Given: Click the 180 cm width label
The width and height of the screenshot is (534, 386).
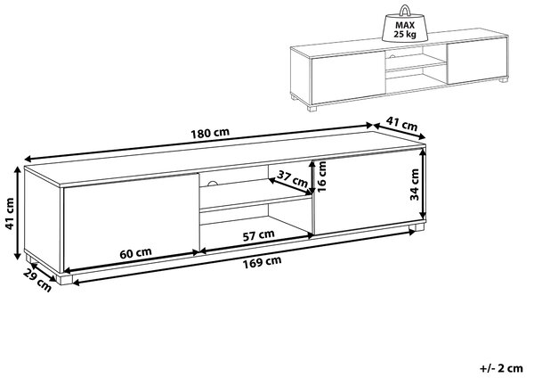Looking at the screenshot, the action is click(x=210, y=133).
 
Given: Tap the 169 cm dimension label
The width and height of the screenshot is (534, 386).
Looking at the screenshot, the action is click(x=262, y=262).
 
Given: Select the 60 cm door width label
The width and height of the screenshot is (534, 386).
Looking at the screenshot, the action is click(x=135, y=253).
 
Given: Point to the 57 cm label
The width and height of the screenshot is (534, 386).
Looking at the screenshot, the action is click(x=258, y=235).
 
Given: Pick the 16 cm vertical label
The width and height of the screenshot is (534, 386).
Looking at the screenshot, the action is click(x=321, y=176).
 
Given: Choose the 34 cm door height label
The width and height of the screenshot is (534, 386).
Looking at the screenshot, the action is click(x=414, y=185).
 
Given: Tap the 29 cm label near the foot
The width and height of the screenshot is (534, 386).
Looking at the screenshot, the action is click(x=37, y=280).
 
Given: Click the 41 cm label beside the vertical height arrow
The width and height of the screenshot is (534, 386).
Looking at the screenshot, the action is click(x=9, y=213).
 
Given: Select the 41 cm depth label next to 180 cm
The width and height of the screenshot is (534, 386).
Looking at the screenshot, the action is click(x=402, y=124).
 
